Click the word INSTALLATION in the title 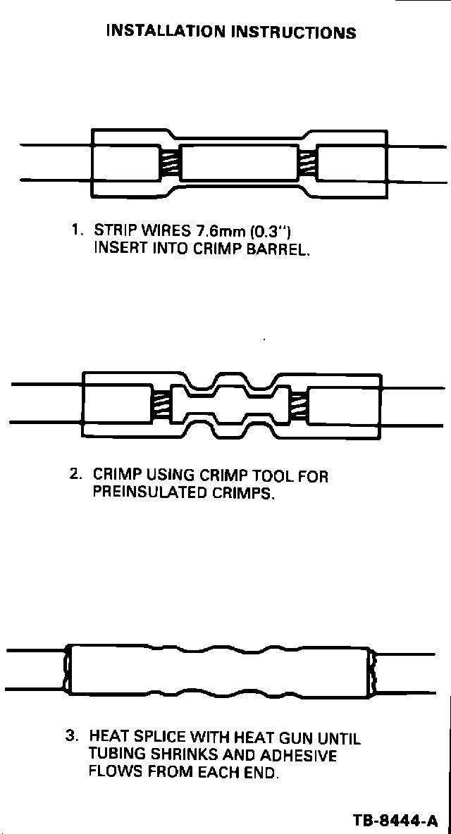166,32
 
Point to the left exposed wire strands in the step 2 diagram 161,404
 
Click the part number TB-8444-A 396,821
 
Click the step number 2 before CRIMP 74,475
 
